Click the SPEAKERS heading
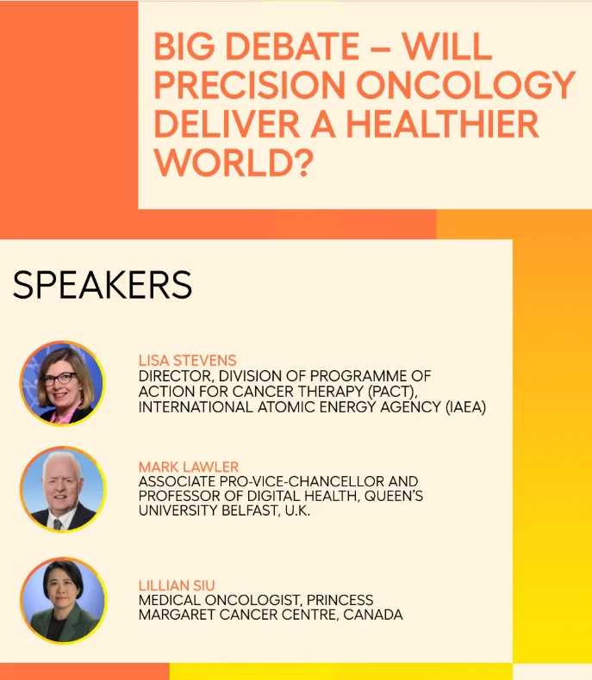103,285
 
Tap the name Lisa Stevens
188,361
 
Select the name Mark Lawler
189,467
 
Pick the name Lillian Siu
177,585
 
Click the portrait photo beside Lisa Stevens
63,383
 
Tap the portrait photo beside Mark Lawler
63,489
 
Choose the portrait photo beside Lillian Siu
64,601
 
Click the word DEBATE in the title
292,46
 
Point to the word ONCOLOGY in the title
465,85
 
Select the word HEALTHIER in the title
442,124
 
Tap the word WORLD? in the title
234,163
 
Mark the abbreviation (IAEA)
465,407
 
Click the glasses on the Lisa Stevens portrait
59,379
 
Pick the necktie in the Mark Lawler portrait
57,524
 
